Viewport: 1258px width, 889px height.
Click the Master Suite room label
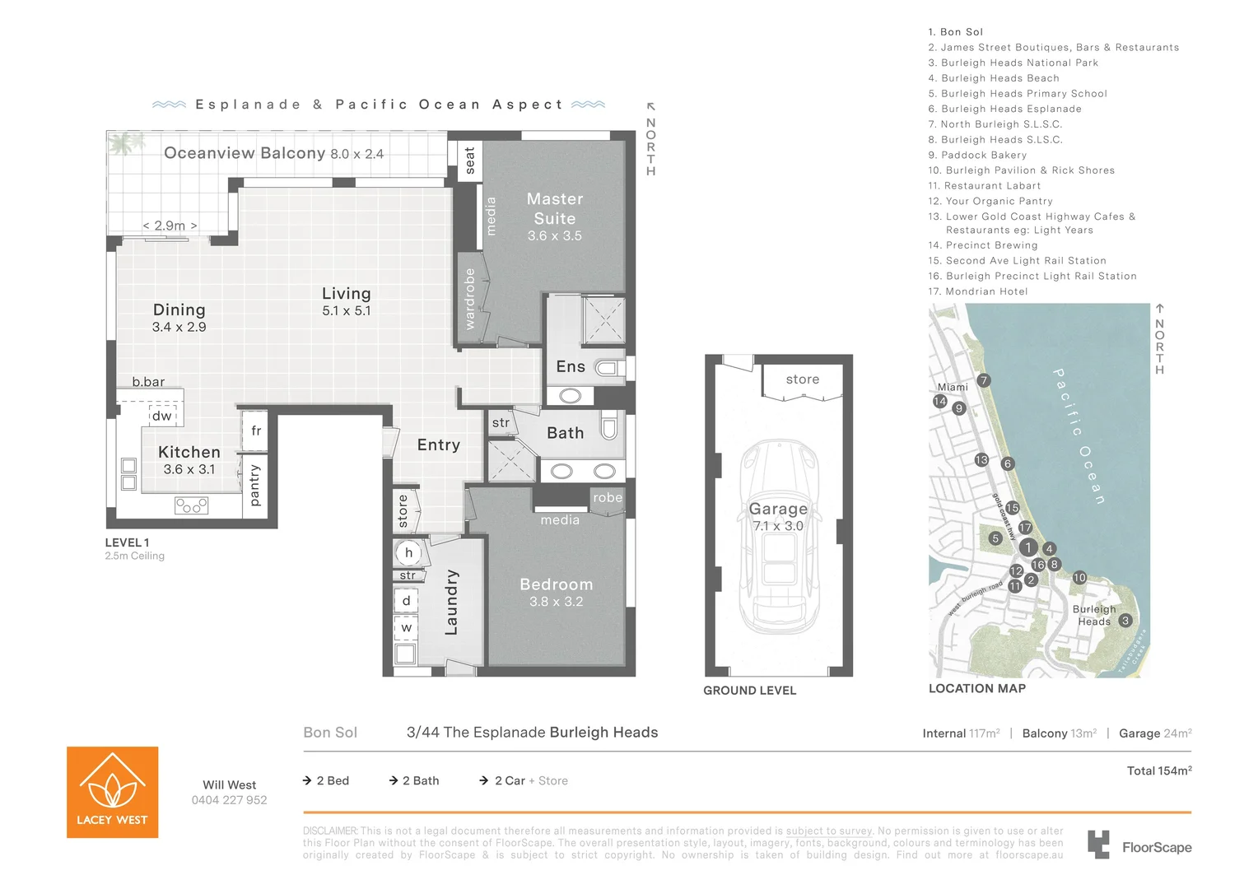click(554, 209)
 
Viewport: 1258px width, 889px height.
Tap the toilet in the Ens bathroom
click(610, 368)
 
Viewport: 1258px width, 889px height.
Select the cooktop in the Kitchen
click(191, 505)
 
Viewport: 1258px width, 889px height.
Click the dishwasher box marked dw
click(162, 416)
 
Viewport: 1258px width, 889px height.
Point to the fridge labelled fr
click(255, 431)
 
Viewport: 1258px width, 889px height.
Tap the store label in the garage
click(802, 379)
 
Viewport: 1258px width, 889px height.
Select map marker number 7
click(983, 380)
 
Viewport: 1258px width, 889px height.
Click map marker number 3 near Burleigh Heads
click(1125, 621)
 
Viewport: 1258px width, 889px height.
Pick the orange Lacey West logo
click(112, 792)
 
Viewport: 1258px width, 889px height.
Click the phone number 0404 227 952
click(229, 800)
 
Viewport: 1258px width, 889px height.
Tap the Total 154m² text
click(1158, 771)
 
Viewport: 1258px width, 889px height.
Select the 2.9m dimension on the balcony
click(170, 226)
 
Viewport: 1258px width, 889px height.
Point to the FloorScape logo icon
click(1098, 845)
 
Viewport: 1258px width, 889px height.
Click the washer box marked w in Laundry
click(406, 627)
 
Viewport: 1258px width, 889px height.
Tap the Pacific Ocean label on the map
click(1079, 436)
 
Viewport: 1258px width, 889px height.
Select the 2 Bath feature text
click(420, 780)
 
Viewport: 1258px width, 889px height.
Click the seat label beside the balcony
click(469, 161)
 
